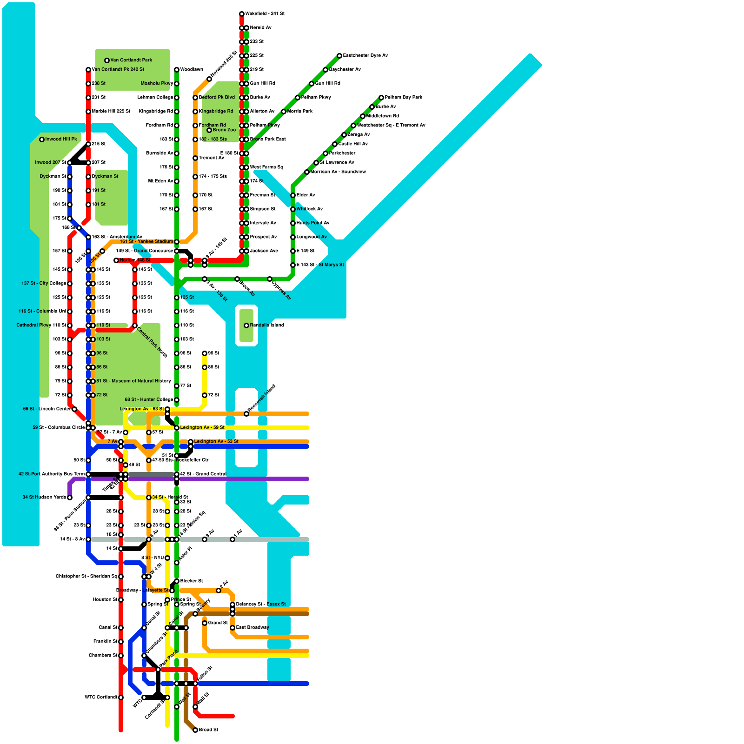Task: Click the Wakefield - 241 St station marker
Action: click(x=242, y=14)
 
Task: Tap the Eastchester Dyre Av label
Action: click(x=365, y=56)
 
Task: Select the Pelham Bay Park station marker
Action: click(x=381, y=98)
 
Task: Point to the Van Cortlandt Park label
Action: click(x=131, y=60)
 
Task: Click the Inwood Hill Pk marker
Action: click(x=42, y=139)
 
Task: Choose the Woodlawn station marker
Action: click(x=177, y=70)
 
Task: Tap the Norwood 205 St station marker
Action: click(x=209, y=79)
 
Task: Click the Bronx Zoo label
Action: click(x=224, y=130)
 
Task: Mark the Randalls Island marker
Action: click(x=246, y=325)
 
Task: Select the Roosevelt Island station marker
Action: click(x=246, y=414)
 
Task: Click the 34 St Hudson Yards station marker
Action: click(x=70, y=498)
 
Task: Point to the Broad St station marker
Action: click(x=195, y=730)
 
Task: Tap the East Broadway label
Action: click(x=252, y=628)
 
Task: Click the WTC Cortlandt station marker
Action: click(x=121, y=697)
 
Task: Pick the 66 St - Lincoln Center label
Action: click(x=46, y=409)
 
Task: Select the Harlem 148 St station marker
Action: click(x=116, y=260)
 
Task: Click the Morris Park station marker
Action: click(x=284, y=112)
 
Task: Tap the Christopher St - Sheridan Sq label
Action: click(x=86, y=577)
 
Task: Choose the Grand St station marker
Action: click(x=205, y=623)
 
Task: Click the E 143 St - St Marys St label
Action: click(x=320, y=265)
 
